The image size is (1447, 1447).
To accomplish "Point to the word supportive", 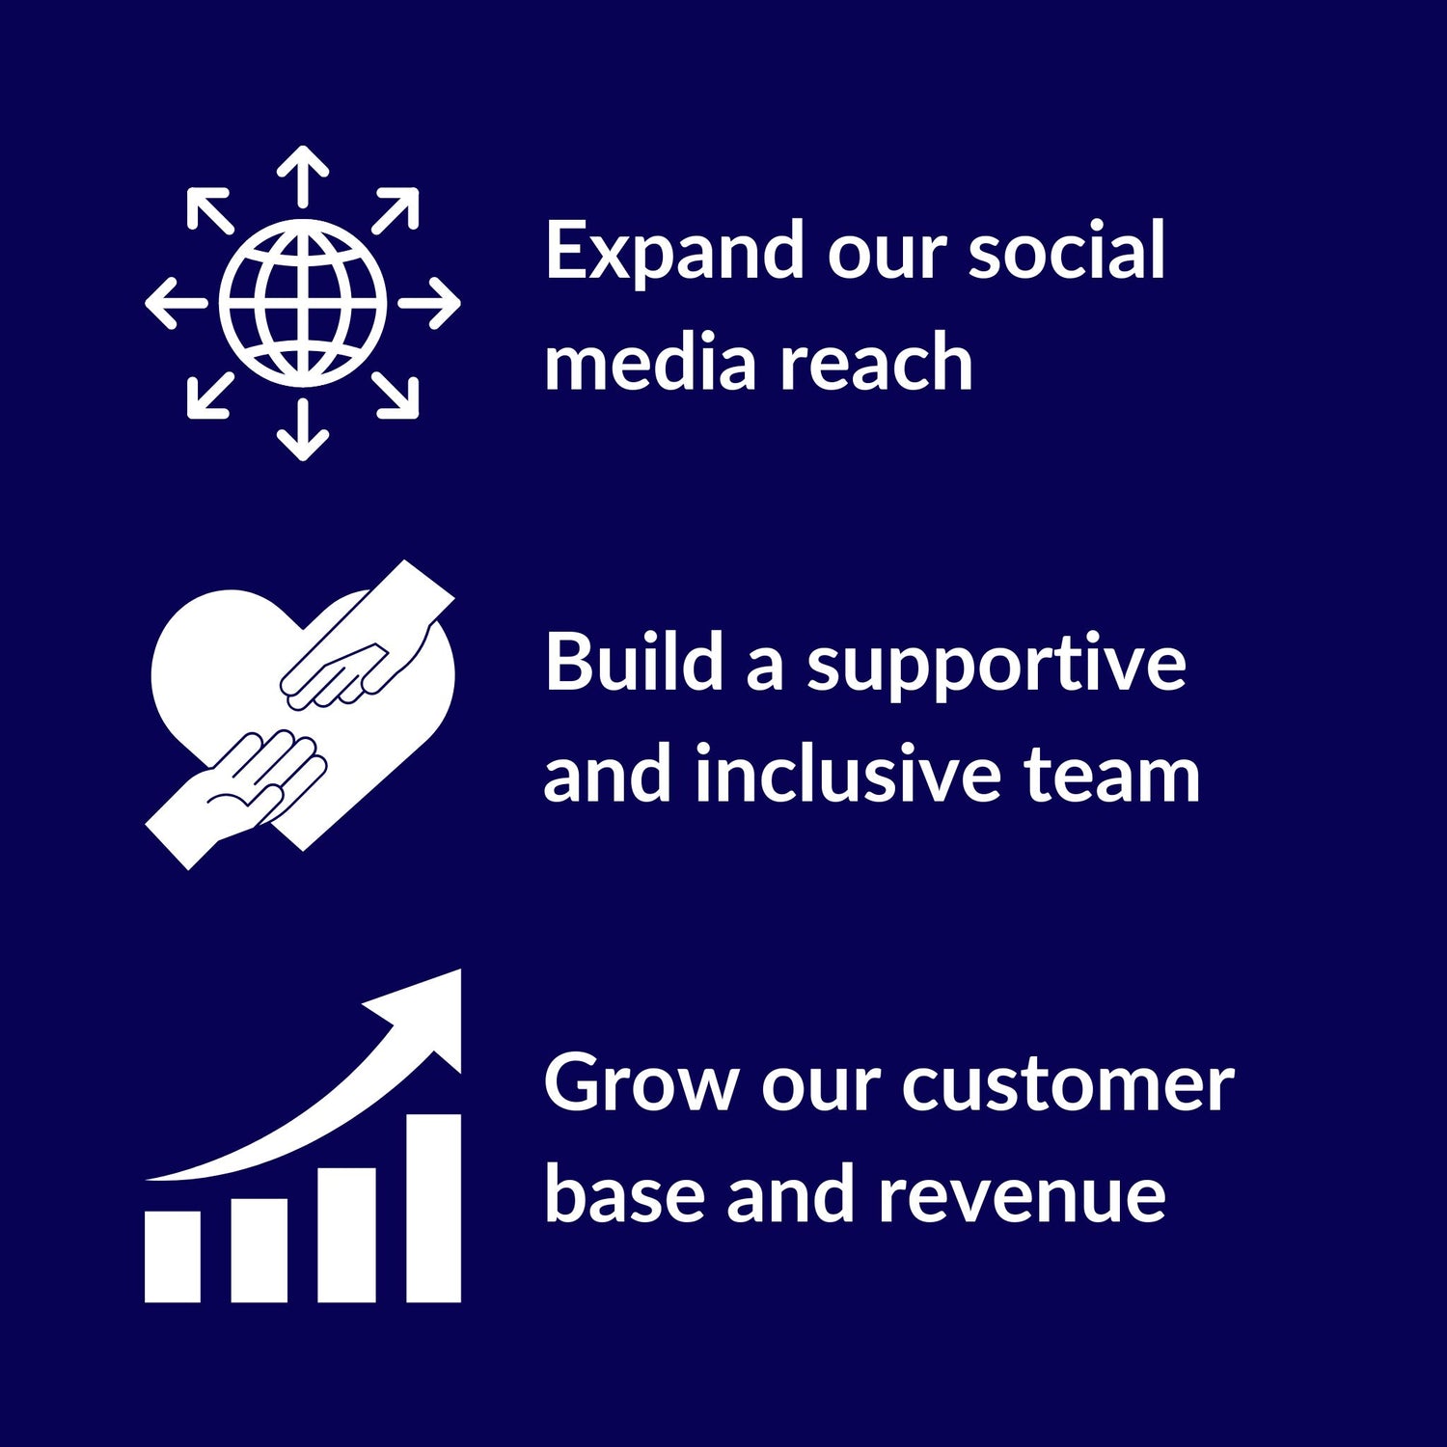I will point(996,666).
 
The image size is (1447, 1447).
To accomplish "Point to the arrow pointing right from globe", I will point(430,303).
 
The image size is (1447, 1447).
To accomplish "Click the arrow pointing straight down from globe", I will point(303,430).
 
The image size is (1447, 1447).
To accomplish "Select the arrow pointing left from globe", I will point(176,303).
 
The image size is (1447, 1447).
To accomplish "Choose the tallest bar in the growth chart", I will point(433,1208).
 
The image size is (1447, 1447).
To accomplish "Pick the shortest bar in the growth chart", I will point(173,1256).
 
